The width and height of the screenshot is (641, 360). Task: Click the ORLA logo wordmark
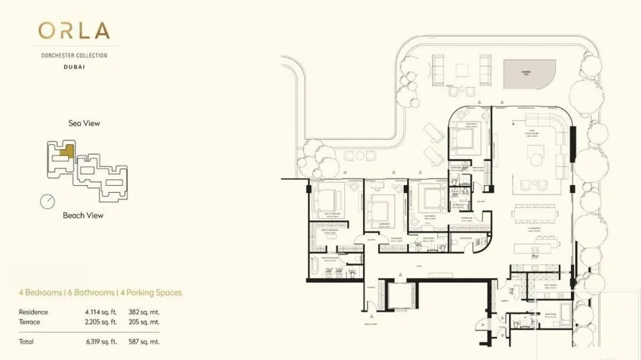(74, 30)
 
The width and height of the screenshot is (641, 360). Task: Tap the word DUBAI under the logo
(74, 66)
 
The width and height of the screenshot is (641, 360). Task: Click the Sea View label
(84, 123)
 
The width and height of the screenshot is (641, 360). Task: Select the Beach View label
(83, 215)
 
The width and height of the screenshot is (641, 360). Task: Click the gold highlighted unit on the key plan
(66, 152)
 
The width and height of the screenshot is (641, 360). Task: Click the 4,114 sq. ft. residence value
(103, 312)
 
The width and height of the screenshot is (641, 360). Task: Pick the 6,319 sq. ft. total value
(103, 341)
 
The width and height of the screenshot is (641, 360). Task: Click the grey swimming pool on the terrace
(530, 73)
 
